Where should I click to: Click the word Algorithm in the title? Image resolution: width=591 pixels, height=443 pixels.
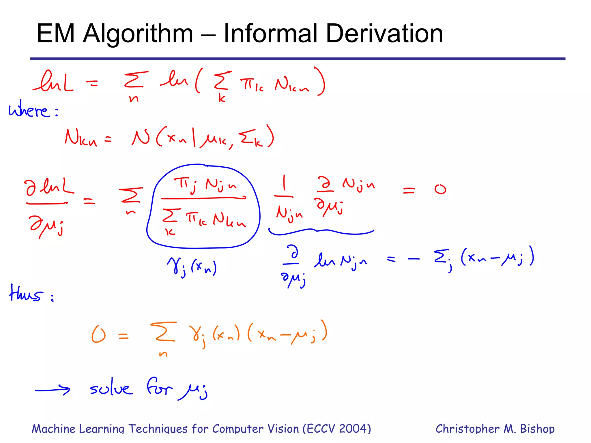point(138,34)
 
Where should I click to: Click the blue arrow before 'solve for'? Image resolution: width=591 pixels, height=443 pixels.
point(53,390)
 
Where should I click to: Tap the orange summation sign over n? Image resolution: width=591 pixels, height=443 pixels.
point(163,332)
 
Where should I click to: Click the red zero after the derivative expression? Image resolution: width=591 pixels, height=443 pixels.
point(440,189)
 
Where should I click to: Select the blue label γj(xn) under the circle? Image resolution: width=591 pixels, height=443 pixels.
point(192,268)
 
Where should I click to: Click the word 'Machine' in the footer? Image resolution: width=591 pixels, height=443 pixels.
point(53,429)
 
